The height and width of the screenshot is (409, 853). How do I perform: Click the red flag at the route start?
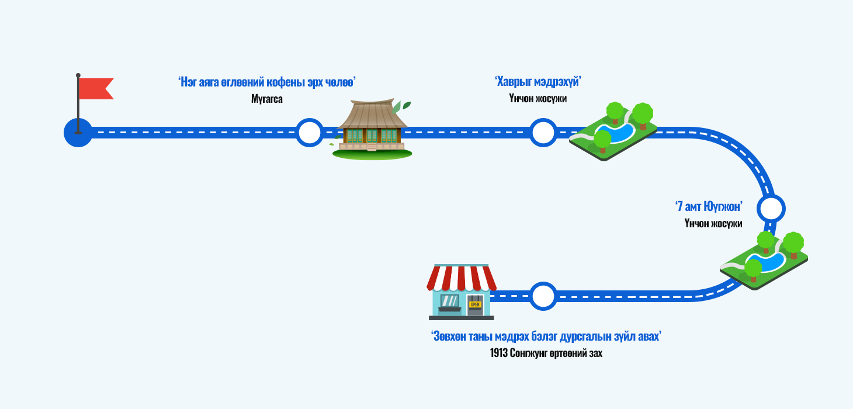coord(95,88)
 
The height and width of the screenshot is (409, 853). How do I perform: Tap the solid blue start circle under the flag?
coord(78,133)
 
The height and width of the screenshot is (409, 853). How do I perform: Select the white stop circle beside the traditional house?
coord(309,133)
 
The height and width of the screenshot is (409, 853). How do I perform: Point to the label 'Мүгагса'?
coord(267,99)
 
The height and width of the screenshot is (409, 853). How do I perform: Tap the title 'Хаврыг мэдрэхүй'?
coord(538,82)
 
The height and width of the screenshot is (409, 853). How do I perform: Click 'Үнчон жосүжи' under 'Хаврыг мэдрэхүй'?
coord(538,99)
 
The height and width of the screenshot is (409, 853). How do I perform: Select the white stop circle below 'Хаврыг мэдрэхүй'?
coord(543,133)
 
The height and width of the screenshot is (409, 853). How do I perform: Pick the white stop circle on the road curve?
coord(771,208)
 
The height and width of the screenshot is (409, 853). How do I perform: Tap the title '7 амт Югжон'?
coord(708,206)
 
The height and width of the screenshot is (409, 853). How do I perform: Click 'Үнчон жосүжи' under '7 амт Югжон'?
coord(713,224)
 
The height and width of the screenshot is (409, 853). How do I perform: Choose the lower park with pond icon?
coord(764,260)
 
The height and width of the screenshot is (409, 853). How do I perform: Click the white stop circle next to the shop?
coord(543,296)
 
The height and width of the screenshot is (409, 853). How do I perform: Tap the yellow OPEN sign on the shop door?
coord(474,304)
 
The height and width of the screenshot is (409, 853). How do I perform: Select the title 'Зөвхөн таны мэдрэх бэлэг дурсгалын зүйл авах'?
coord(546,337)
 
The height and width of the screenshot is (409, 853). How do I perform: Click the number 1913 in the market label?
coord(500,353)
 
